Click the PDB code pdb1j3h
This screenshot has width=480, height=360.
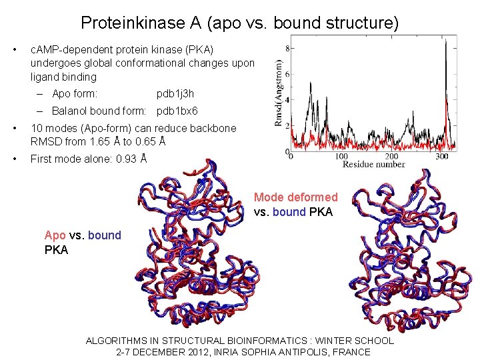[x=175, y=94]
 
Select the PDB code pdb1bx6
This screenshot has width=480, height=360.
[x=177, y=111]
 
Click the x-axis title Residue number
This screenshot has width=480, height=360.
[x=373, y=164]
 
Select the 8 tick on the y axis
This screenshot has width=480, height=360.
[x=287, y=47]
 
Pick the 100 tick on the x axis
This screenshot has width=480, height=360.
[x=341, y=157]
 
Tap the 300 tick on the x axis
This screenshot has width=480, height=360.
[x=441, y=157]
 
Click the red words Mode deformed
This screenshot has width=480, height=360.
[x=296, y=197]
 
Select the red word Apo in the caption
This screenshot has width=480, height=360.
[x=55, y=235]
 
